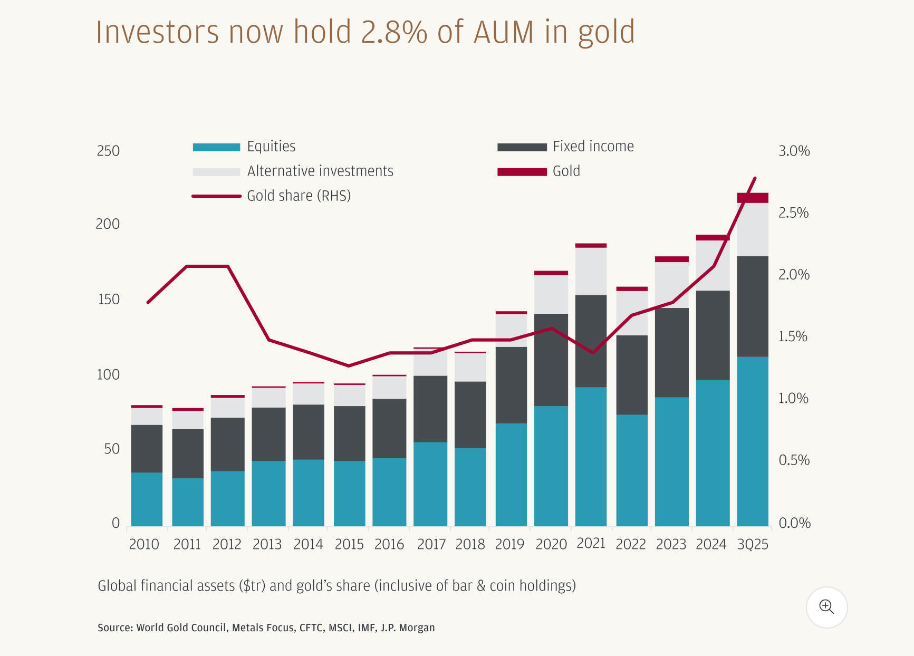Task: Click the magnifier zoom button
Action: click(x=826, y=607)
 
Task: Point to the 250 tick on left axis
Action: click(x=108, y=151)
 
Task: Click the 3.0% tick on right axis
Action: click(x=794, y=151)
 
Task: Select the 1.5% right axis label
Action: click(x=793, y=336)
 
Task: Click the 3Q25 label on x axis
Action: click(x=753, y=545)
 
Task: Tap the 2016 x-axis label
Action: click(x=389, y=545)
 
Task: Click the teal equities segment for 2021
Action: click(x=591, y=456)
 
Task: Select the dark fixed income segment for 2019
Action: click(x=511, y=385)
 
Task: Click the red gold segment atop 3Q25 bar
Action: click(x=753, y=198)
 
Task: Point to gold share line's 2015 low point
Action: click(x=349, y=365)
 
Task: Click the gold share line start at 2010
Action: click(x=148, y=302)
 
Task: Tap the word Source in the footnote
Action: click(x=114, y=628)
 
